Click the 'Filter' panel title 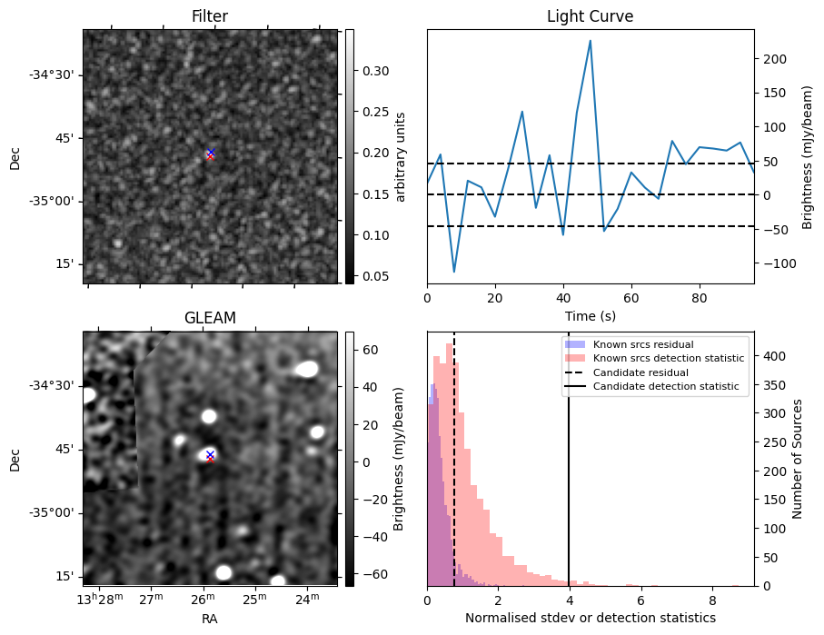[209, 16]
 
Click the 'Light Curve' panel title [590, 16]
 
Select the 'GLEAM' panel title [209, 318]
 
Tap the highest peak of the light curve [591, 41]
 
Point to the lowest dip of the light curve [454, 272]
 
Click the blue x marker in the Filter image [211, 153]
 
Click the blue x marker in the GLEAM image [210, 454]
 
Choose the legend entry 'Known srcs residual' [643, 344]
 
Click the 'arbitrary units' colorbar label [401, 156]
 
